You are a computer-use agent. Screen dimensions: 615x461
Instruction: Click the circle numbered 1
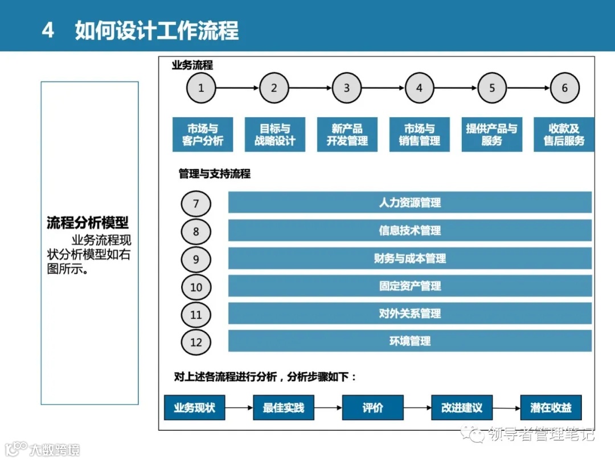[x=201, y=88]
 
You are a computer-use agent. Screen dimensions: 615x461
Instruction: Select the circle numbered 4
[x=420, y=88]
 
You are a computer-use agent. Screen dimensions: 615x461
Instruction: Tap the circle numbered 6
[x=565, y=88]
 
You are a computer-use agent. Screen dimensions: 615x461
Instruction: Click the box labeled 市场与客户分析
[x=203, y=135]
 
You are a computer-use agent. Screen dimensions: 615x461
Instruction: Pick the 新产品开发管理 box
[x=347, y=135]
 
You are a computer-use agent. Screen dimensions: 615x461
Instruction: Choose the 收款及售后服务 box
[x=564, y=135]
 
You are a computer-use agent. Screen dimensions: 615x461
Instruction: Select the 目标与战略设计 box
[x=275, y=135]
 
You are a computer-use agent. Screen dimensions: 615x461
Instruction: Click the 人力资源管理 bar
[x=410, y=203]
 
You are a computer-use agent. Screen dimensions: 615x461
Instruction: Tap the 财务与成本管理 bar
[x=410, y=258]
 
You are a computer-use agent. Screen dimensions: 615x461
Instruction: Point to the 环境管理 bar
[x=410, y=341]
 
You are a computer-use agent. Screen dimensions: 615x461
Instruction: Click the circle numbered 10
[x=196, y=287]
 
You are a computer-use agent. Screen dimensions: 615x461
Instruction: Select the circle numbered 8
[x=196, y=232]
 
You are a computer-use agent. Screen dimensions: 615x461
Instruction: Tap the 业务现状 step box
[x=194, y=408]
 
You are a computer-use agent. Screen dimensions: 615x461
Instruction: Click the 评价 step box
[x=372, y=408]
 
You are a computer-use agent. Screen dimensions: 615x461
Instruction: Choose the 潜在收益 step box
[x=551, y=408]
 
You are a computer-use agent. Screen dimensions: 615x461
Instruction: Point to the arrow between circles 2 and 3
[x=310, y=88]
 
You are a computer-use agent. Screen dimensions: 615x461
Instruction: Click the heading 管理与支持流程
[x=215, y=174]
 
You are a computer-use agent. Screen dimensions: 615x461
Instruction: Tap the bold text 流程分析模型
[x=88, y=223]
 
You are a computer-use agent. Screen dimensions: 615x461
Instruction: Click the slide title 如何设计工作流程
[x=157, y=30]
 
